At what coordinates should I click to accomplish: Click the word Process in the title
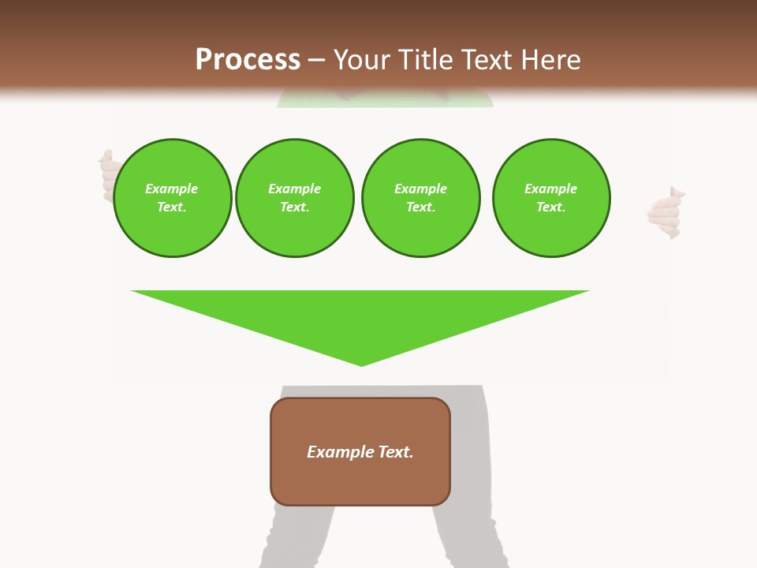pyautogui.click(x=248, y=60)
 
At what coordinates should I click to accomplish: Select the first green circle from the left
pyautogui.click(x=173, y=198)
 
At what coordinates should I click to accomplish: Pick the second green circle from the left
pyautogui.click(x=295, y=198)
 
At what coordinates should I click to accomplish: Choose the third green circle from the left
pyautogui.click(x=420, y=198)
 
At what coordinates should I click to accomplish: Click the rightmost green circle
pyautogui.click(x=551, y=198)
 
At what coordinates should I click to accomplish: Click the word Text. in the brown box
pyautogui.click(x=396, y=452)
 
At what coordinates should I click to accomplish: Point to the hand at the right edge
pyautogui.click(x=665, y=213)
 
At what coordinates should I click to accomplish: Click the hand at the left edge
pyautogui.click(x=107, y=174)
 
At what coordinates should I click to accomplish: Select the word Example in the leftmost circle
pyautogui.click(x=172, y=189)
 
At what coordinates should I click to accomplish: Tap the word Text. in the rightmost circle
pyautogui.click(x=551, y=207)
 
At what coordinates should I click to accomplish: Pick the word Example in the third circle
pyautogui.click(x=420, y=189)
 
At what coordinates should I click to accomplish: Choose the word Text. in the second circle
pyautogui.click(x=295, y=207)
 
